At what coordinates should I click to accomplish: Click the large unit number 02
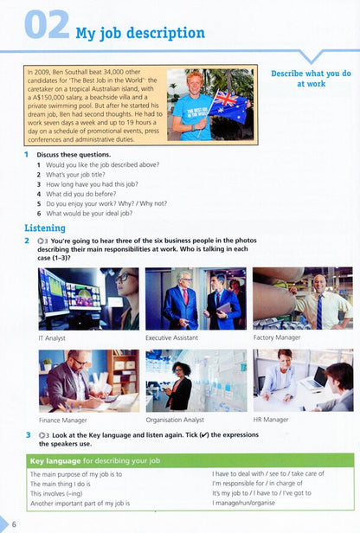click(x=45, y=26)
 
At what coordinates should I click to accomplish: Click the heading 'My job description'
click(x=140, y=34)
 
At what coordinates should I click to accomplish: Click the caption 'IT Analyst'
click(x=53, y=337)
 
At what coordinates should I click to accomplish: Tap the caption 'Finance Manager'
click(x=62, y=420)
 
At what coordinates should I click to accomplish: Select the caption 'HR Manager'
click(x=273, y=420)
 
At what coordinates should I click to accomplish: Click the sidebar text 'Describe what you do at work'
click(x=310, y=79)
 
